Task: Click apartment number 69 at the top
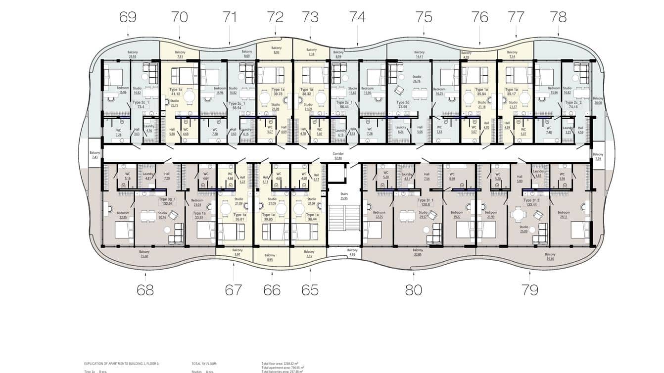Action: click(x=128, y=17)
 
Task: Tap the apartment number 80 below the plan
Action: click(x=414, y=290)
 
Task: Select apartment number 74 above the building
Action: click(x=357, y=17)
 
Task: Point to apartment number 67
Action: click(x=233, y=290)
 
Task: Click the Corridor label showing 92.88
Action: click(x=338, y=156)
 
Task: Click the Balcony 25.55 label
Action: click(x=133, y=54)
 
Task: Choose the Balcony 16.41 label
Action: click(x=419, y=54)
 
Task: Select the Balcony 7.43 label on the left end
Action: click(x=95, y=155)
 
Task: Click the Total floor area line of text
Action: click(x=283, y=364)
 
